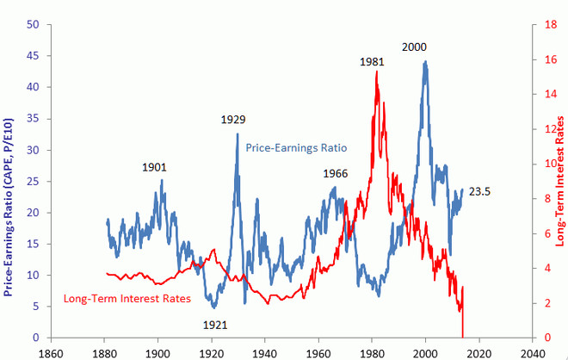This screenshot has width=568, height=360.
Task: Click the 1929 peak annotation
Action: (x=233, y=119)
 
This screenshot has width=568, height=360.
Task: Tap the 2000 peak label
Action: (x=413, y=47)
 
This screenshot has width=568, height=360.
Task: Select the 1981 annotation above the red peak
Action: (x=371, y=61)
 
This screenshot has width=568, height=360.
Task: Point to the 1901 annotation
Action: (x=155, y=167)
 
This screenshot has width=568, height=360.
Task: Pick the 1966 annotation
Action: (x=335, y=174)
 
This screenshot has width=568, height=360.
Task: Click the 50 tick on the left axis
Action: (x=33, y=25)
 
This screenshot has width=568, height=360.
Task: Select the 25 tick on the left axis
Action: (x=33, y=182)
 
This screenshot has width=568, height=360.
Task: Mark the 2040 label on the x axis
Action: (x=533, y=352)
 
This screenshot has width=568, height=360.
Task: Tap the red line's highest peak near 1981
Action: (x=377, y=71)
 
